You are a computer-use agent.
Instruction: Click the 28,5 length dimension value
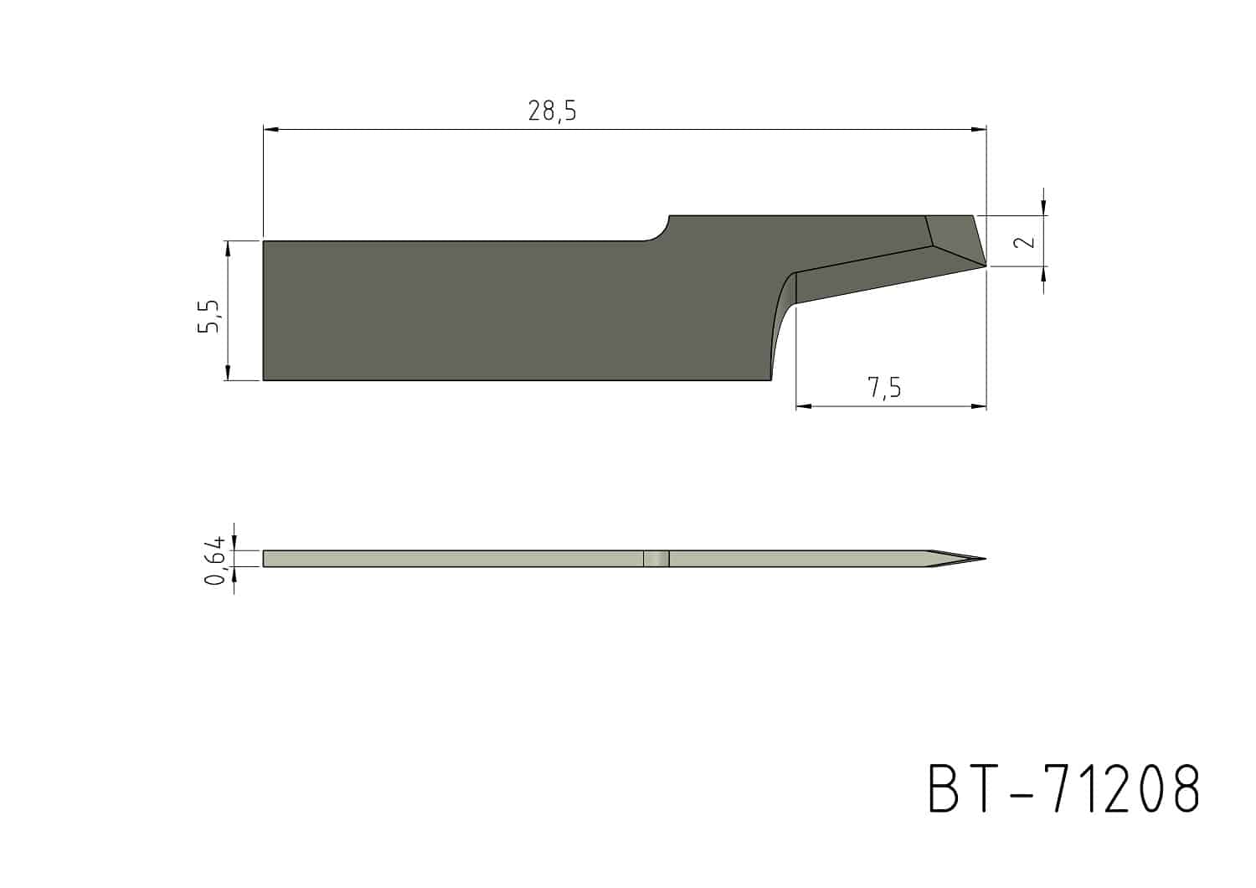tap(552, 111)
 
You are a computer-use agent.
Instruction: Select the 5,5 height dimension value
tap(209, 317)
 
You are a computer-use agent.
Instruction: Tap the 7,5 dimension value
tap(884, 388)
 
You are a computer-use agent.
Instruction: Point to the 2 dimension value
tap(1026, 241)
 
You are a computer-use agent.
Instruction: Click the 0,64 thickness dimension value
tap(214, 560)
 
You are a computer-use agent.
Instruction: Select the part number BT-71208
tap(1063, 787)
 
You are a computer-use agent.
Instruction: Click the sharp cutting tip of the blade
tap(986, 266)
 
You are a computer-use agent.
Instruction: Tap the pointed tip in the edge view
tap(985, 559)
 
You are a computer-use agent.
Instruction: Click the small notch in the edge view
tap(656, 559)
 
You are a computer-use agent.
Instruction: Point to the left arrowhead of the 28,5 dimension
tap(270, 130)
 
